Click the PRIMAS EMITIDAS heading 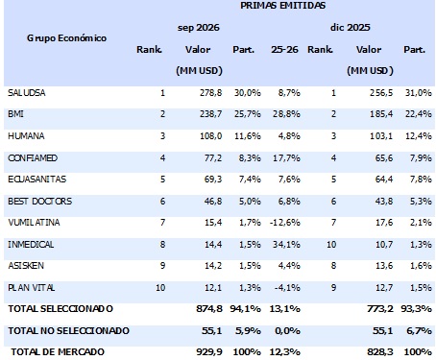282,6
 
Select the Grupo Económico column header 66,38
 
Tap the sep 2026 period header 199,28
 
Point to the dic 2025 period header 351,28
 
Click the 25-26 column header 284,50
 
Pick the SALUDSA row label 27,93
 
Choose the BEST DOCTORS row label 40,202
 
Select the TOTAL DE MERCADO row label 58,352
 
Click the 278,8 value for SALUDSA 210,93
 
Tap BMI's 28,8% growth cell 286,114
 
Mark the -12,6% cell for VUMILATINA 285,223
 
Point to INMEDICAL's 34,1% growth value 286,245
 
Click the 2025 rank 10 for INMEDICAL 331,245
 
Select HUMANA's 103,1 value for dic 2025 381,136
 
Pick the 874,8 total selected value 209,309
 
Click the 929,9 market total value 209,352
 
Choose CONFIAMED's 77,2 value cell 213,158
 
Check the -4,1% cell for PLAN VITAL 287,288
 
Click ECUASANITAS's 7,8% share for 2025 421,180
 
